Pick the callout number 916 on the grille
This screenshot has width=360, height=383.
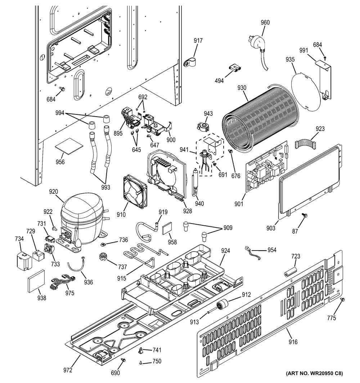click(x=293, y=342)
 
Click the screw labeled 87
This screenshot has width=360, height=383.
click(x=305, y=216)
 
